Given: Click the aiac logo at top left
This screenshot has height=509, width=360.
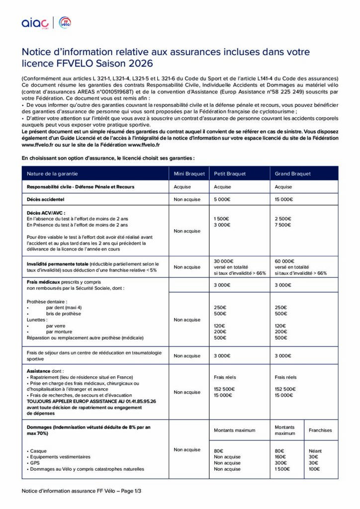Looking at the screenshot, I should [35, 23].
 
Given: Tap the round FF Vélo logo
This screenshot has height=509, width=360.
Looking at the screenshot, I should [65, 22].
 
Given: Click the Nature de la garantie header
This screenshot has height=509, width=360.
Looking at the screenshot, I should [52, 173].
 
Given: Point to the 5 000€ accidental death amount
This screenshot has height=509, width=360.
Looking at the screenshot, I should [222, 199].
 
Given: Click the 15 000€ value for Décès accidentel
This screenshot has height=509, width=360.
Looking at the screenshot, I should [284, 199].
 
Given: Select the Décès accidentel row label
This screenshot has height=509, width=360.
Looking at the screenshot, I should [46, 199].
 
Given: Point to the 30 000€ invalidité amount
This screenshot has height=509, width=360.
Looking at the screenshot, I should [223, 261].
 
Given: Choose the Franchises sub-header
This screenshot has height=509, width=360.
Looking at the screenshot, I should [320, 430].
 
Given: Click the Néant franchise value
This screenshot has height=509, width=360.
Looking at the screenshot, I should [315, 451].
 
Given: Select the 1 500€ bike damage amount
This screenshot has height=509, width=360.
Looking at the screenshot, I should [283, 469].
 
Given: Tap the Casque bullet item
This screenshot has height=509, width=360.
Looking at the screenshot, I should [38, 451].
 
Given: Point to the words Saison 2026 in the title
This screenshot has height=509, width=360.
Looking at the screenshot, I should [126, 64].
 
